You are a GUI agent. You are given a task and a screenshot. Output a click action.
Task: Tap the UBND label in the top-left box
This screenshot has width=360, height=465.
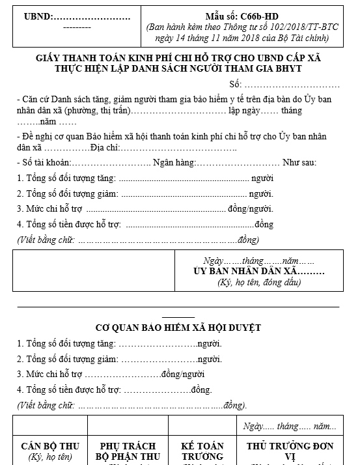coord(38,15)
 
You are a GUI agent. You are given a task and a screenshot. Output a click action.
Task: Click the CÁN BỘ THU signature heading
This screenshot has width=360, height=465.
coord(50,446)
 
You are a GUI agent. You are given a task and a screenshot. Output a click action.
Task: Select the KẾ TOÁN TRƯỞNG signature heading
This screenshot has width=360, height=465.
coord(202,451)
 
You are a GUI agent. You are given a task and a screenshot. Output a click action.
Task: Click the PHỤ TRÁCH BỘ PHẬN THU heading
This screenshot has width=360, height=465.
coord(128,451)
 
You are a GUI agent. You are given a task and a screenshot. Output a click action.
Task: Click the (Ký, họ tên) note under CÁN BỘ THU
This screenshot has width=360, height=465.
coord(49,457)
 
